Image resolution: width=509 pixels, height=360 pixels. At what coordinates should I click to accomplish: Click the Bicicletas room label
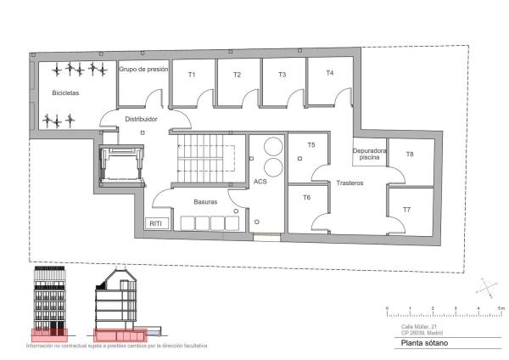[x=65, y=93]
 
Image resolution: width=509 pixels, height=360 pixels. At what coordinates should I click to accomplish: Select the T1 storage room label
[x=192, y=75]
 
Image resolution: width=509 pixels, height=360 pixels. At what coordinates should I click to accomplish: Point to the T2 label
[x=237, y=75]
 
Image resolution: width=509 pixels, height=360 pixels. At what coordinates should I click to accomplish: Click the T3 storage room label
[x=282, y=75]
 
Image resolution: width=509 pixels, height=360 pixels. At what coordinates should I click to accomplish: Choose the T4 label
[x=329, y=73]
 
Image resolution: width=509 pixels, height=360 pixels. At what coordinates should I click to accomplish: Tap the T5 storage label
[x=310, y=144]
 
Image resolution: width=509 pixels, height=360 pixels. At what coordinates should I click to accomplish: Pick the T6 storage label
[x=306, y=197]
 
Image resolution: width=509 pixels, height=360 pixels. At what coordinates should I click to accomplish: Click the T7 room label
[x=406, y=209]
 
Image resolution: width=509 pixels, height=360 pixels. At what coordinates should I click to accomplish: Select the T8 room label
[x=410, y=155]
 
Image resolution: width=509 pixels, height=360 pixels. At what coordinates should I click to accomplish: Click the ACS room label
[x=260, y=182]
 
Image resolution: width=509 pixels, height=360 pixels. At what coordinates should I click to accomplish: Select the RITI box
[x=156, y=223]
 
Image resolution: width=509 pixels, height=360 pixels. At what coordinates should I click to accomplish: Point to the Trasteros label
[x=350, y=183]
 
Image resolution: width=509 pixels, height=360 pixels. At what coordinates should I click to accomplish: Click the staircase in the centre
[x=204, y=157]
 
